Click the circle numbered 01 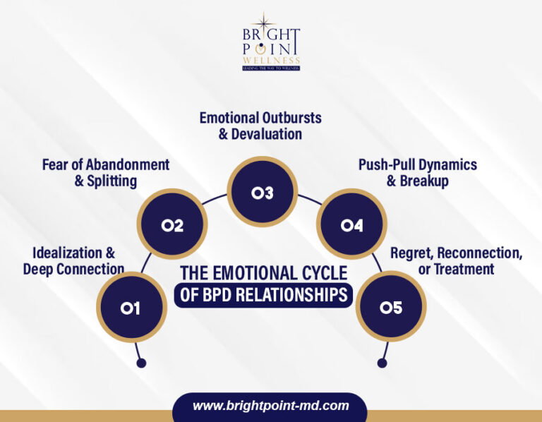pyautogui.click(x=130, y=308)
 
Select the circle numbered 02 pyautogui.click(x=172, y=225)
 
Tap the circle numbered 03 pyautogui.click(x=262, y=192)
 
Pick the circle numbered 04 pyautogui.click(x=351, y=225)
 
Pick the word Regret pyautogui.click(x=411, y=253)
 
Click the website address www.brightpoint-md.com pyautogui.click(x=271, y=406)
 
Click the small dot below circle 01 pyautogui.click(x=141, y=363)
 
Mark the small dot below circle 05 pyautogui.click(x=382, y=363)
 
